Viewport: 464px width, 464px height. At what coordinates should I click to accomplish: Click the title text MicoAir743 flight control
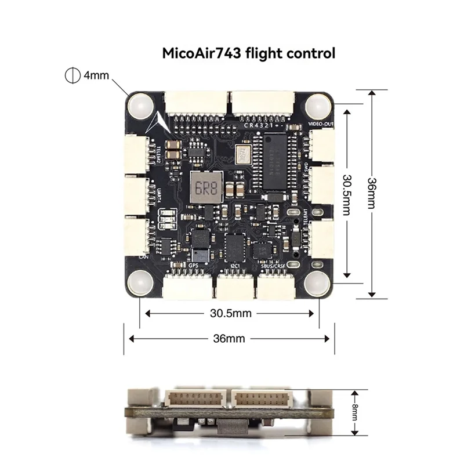248,54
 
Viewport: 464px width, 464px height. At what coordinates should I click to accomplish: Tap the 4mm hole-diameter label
96,75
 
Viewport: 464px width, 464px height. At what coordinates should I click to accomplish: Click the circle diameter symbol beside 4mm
71,75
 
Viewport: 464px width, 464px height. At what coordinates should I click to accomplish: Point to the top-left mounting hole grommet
140,106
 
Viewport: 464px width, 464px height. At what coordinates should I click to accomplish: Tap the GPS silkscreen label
194,266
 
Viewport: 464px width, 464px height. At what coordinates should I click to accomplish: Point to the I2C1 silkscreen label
235,266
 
